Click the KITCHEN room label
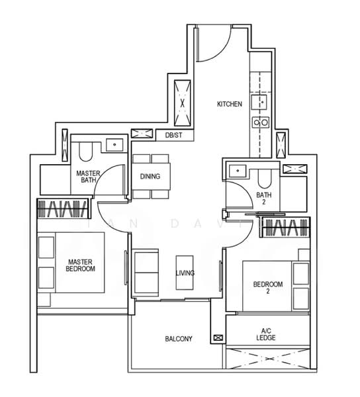click(x=230, y=105)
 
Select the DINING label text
click(x=150, y=177)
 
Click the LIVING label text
click(x=185, y=273)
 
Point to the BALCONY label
click(x=178, y=339)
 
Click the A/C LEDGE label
click(x=267, y=334)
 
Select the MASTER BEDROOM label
click(x=81, y=265)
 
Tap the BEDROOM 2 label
click(x=268, y=287)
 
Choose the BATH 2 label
click(x=263, y=198)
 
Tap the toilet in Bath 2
click(x=263, y=176)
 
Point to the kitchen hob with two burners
click(x=259, y=122)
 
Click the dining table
click(x=151, y=177)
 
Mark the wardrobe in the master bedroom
click(x=64, y=209)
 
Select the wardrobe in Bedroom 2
click(x=287, y=229)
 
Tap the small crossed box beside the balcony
click(x=218, y=338)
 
